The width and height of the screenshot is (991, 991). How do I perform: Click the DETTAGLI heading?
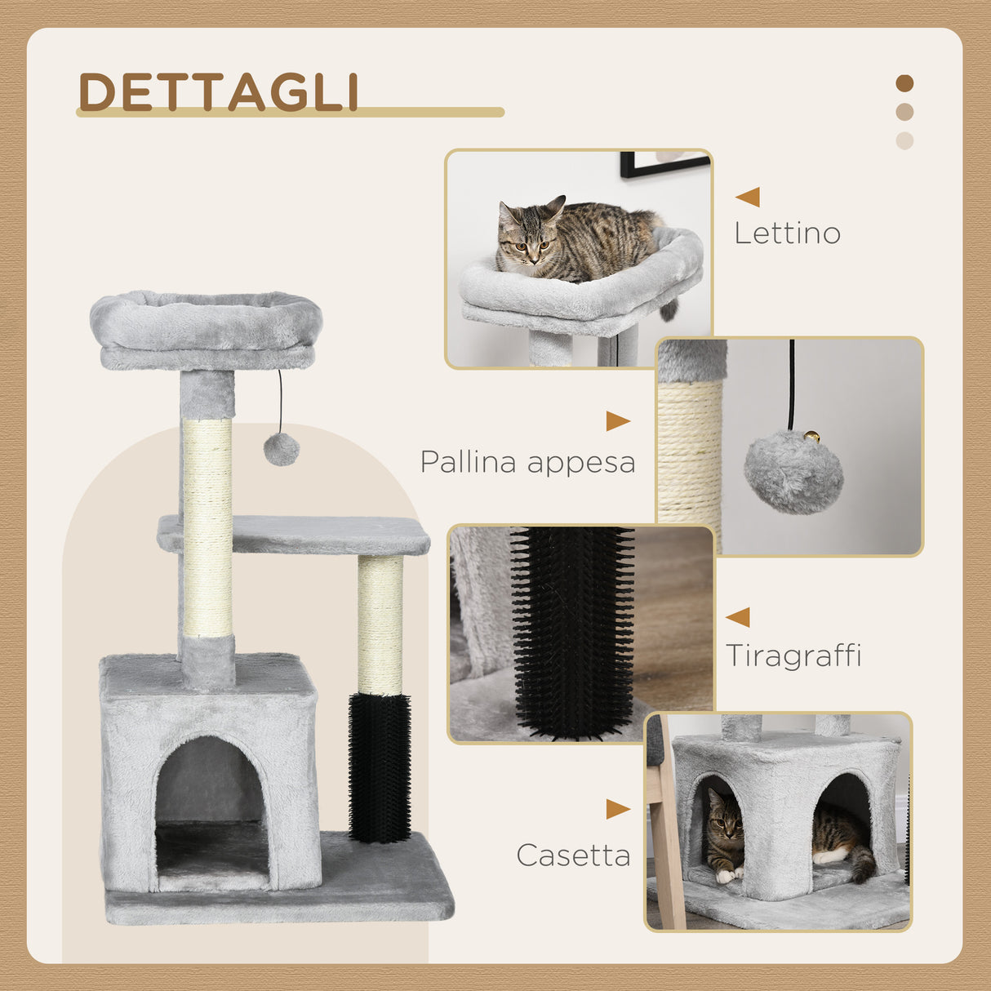[x=219, y=91]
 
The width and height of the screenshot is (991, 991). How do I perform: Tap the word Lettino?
[x=787, y=233]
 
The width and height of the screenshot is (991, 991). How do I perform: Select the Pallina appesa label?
[x=527, y=462]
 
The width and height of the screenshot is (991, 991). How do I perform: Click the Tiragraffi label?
[x=793, y=655]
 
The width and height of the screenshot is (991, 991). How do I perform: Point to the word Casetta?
[x=573, y=855]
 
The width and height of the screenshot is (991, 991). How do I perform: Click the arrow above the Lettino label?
[x=748, y=197]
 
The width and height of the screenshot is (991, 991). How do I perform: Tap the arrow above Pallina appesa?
[x=617, y=421]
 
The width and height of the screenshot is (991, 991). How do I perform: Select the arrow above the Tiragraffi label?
[x=738, y=617]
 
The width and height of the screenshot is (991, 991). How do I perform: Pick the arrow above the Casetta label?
[x=617, y=809]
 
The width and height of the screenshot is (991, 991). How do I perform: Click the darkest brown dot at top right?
[x=904, y=83]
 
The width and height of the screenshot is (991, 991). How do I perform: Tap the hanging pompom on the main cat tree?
[x=282, y=449]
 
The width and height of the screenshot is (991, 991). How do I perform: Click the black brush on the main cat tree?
[x=380, y=767]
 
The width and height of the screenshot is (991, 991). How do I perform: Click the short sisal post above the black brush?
[x=380, y=624]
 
